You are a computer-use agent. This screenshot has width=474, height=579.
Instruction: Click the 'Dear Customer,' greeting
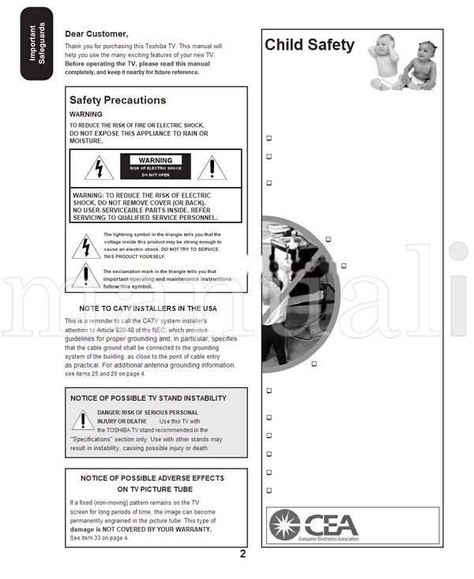click(96, 34)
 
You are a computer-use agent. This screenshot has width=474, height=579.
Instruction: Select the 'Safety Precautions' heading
click(118, 100)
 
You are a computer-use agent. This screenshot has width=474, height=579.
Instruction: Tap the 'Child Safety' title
click(309, 45)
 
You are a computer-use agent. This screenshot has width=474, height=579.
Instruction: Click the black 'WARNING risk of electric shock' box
click(156, 166)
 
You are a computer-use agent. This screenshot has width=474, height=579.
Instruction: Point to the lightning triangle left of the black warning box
click(99, 167)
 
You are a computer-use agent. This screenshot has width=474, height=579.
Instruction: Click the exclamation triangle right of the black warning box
click(212, 167)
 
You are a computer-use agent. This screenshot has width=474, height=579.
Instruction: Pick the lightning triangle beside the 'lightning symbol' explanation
click(85, 247)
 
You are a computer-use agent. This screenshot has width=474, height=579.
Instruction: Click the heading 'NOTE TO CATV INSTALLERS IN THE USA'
click(148, 308)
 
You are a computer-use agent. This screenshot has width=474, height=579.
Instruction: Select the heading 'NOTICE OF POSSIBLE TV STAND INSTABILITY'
click(148, 398)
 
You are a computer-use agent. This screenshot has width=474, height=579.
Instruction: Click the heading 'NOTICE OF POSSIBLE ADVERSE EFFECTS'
click(152, 478)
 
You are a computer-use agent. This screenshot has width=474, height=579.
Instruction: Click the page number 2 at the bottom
click(243, 554)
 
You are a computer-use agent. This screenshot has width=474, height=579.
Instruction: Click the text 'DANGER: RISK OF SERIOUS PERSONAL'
click(148, 413)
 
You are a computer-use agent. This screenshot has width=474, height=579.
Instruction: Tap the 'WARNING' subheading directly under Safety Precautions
click(85, 114)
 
